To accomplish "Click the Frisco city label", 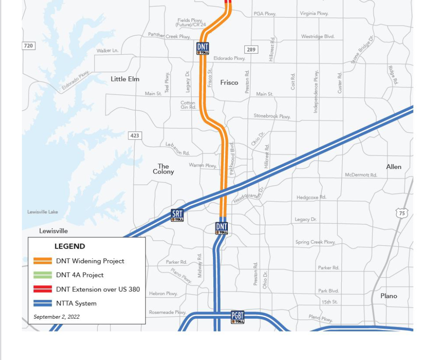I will pos(229,82).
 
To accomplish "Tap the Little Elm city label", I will pos(125,79).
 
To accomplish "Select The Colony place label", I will pos(163,169).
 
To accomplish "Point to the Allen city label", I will pos(393,167).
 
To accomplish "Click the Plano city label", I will pos(389,296).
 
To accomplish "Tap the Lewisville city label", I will pos(53,231).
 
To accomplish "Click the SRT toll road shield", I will pos(177,215).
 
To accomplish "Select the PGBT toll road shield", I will pos(238,317).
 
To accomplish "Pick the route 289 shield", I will pos(251,49).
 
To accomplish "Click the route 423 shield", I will pos(134,136).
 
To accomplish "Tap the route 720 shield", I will pos(28,46).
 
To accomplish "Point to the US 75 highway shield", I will pos(401,213).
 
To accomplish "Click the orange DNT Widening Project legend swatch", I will pos(43,261).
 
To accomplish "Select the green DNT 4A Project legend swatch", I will pos(43,275).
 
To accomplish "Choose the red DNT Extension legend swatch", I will pos(43,289).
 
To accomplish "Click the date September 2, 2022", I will pos(56,316).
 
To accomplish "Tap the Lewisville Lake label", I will pos(43,212).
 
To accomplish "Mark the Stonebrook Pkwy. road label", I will pos(272,116).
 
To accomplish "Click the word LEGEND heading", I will pos(70,246).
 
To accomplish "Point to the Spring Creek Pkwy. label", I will pos(315,242).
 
